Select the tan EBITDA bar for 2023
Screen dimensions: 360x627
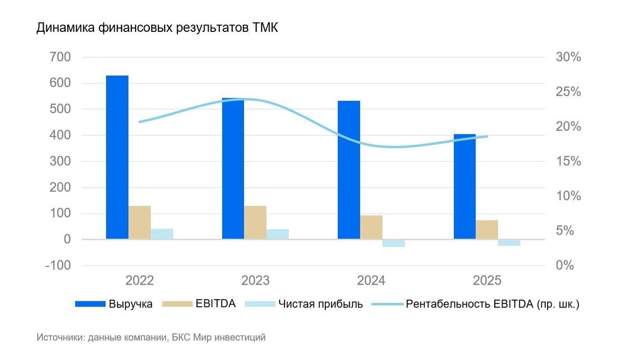coord(255,222)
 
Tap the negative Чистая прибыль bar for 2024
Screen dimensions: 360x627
coord(394,243)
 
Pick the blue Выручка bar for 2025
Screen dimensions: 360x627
coord(464,186)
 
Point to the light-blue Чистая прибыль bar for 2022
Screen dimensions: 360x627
coord(162,234)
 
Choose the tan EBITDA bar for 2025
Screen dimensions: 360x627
coord(487,229)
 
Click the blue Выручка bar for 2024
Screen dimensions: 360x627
coord(349,169)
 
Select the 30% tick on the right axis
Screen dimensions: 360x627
coord(568,57)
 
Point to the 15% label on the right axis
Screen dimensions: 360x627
coord(568,162)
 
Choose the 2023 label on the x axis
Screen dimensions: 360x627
coord(255,281)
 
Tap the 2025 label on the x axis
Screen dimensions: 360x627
coord(487,281)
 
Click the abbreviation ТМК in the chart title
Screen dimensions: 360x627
coord(265,28)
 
